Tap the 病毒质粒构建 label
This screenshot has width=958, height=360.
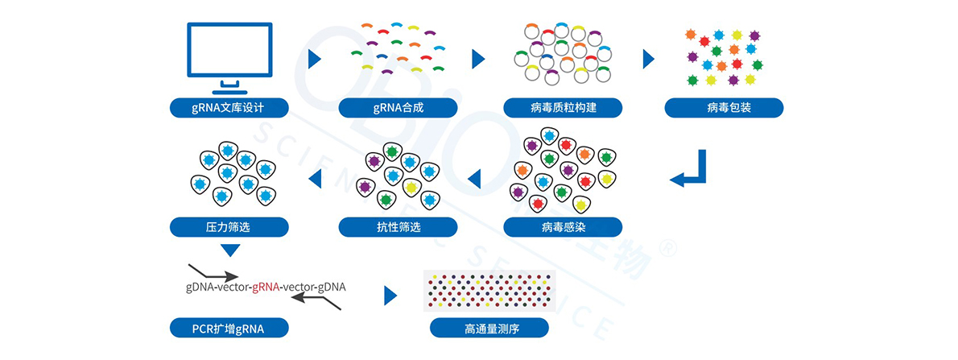point(563,107)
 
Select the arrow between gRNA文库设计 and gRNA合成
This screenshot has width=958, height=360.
point(315,59)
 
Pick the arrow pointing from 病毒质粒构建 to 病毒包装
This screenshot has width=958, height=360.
point(648,59)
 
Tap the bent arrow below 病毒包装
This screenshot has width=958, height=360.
point(690,169)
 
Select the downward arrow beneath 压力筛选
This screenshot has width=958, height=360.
point(230,251)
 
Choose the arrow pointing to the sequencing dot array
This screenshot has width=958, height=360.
point(390,295)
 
